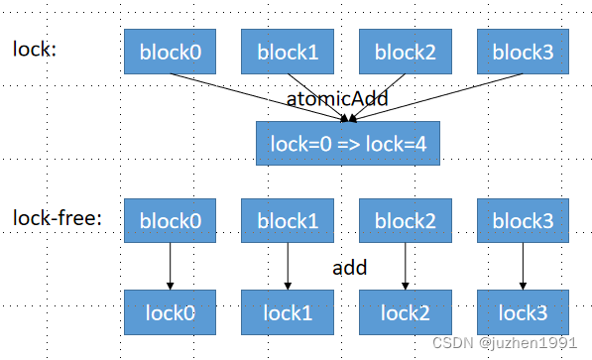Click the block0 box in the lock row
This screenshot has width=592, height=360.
point(170,51)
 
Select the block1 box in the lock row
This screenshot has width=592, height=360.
point(287,51)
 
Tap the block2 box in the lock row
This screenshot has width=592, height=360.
point(405,51)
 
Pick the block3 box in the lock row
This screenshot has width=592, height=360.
point(522,51)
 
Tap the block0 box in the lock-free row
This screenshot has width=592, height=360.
point(170,221)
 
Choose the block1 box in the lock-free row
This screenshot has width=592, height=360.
point(287,221)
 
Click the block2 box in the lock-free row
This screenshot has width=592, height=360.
point(405,221)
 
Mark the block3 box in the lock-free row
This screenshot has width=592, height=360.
point(522,221)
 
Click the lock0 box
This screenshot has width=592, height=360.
point(170,311)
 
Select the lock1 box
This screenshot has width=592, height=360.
point(287,311)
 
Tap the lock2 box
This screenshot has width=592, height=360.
point(405,311)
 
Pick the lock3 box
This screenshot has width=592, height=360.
point(522,311)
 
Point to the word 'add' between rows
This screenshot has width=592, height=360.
point(350,267)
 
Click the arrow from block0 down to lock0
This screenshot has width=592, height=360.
point(170,266)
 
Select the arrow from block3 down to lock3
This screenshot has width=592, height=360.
point(523,266)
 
